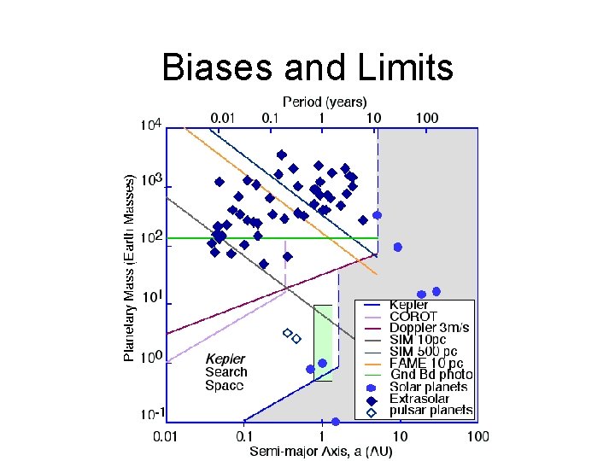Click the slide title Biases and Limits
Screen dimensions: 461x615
click(307, 67)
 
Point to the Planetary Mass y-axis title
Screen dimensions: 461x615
click(130, 267)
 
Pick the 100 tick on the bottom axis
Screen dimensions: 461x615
click(477, 437)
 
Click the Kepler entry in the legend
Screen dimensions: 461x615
click(409, 305)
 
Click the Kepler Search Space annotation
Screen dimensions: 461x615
click(225, 372)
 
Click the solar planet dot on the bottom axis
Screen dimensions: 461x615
click(335, 422)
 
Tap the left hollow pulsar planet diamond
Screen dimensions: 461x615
click(287, 332)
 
